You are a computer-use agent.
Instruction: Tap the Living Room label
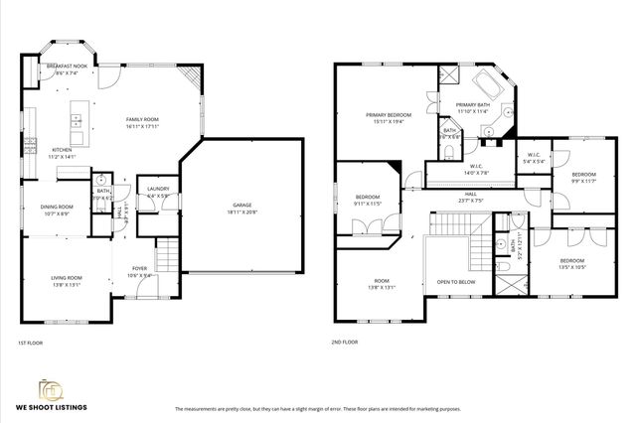click(x=67, y=281)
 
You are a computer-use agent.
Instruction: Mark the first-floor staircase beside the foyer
click(x=168, y=255)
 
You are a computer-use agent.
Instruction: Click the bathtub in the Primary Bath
click(x=489, y=81)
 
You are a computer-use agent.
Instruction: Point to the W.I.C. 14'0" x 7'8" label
click(x=478, y=170)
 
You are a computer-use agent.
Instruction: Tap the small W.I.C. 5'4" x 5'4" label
click(x=533, y=157)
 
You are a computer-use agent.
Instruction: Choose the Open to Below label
click(x=456, y=282)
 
